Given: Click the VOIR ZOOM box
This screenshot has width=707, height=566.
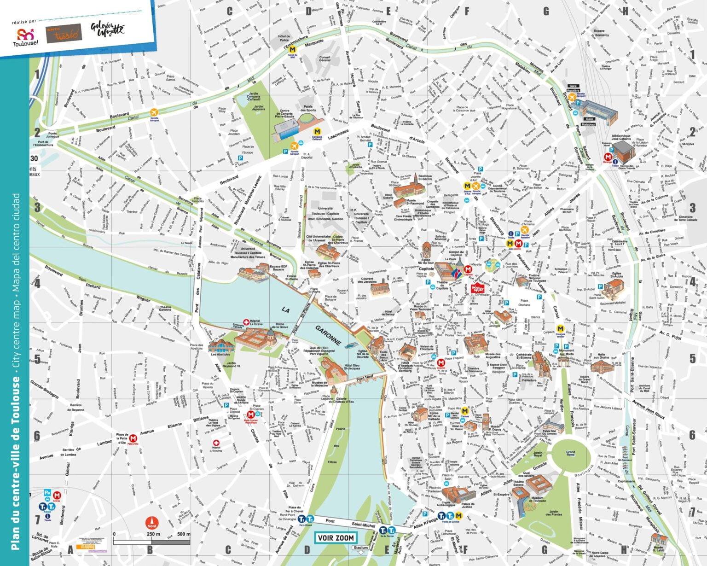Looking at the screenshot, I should tap(336, 537).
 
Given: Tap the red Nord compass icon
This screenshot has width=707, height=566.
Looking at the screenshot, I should tap(151, 523).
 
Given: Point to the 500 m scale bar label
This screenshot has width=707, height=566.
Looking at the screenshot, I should tap(183, 534).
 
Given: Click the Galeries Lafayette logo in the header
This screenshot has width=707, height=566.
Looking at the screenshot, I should tap(107, 29).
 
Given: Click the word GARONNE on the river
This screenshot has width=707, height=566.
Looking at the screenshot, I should tap(328, 335).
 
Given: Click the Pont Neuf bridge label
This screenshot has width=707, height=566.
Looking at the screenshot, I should tap(365, 377).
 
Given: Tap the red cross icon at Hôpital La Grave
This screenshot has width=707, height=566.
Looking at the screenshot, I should tap(246, 322).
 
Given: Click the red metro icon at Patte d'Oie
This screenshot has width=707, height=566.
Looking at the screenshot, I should tap(133, 438).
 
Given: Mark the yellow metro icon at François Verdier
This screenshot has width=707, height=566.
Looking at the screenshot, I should tap(560, 329).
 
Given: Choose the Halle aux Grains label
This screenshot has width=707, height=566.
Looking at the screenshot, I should tap(601, 356).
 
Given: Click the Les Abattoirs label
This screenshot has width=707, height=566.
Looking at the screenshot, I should tap(220, 355).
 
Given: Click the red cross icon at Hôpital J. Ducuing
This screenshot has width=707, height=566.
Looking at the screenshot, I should tap(216, 443).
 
